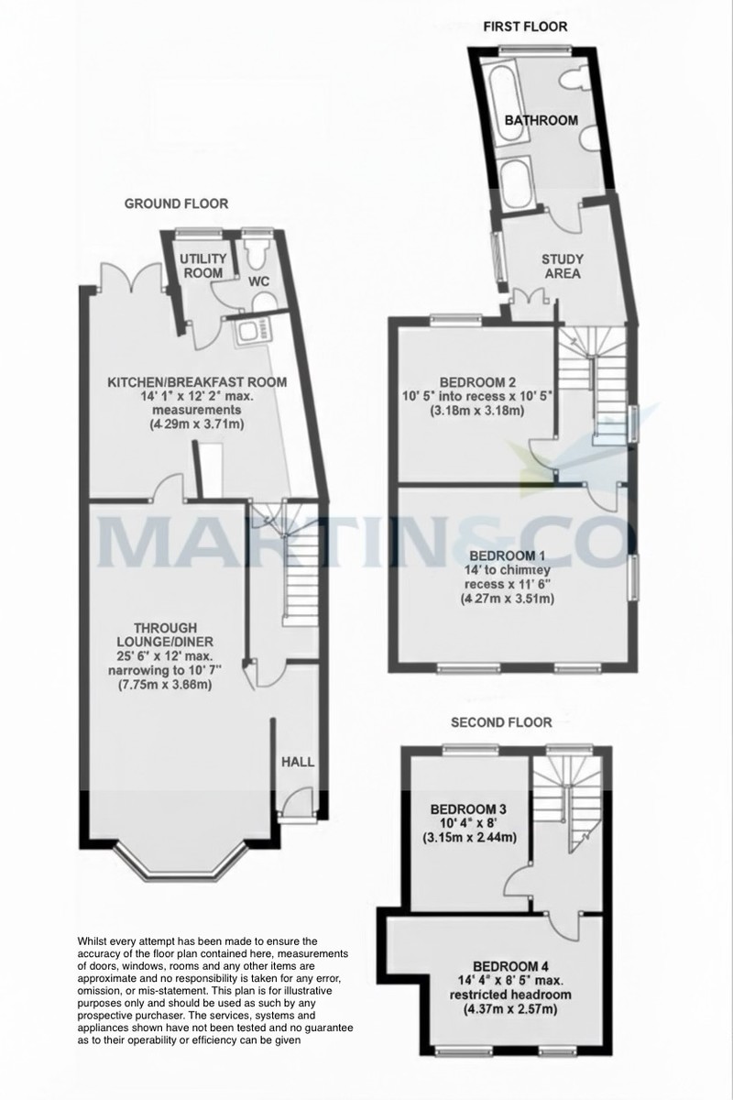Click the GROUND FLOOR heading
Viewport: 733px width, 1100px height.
pyautogui.click(x=177, y=203)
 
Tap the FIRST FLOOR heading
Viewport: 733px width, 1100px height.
pyautogui.click(x=525, y=27)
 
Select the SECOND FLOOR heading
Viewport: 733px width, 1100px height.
pyautogui.click(x=501, y=722)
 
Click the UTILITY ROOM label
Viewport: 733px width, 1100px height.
pyautogui.click(x=202, y=266)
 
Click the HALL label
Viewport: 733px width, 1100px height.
pyautogui.click(x=297, y=762)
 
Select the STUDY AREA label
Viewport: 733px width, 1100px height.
pyautogui.click(x=562, y=266)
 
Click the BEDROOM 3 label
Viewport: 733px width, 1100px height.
pyautogui.click(x=468, y=809)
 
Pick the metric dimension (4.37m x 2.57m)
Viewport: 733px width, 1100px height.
pyautogui.click(x=510, y=1010)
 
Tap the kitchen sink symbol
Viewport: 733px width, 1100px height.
pyautogui.click(x=250, y=330)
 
